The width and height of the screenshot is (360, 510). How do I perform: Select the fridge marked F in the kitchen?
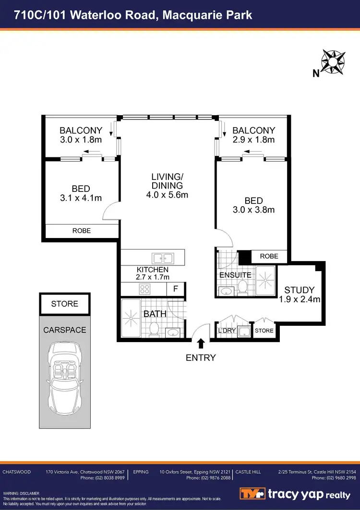pos(176,289)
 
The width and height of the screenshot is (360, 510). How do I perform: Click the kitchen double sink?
pos(159,257)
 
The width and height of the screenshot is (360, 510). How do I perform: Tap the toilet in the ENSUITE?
pos(243,287)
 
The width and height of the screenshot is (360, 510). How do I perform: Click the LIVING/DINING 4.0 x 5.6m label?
pos(167,186)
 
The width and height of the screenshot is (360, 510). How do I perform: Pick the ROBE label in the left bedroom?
pos(82,231)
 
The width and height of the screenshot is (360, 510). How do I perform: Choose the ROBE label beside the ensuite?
pos(269,256)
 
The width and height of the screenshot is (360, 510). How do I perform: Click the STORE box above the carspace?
pos(65,304)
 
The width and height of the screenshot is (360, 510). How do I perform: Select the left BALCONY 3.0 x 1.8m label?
pos(81,135)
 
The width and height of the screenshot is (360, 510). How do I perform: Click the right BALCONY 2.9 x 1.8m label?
pos(253,135)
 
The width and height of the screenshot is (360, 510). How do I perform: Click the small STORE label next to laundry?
pos(264,331)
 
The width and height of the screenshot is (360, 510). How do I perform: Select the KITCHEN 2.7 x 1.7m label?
pos(153,273)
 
